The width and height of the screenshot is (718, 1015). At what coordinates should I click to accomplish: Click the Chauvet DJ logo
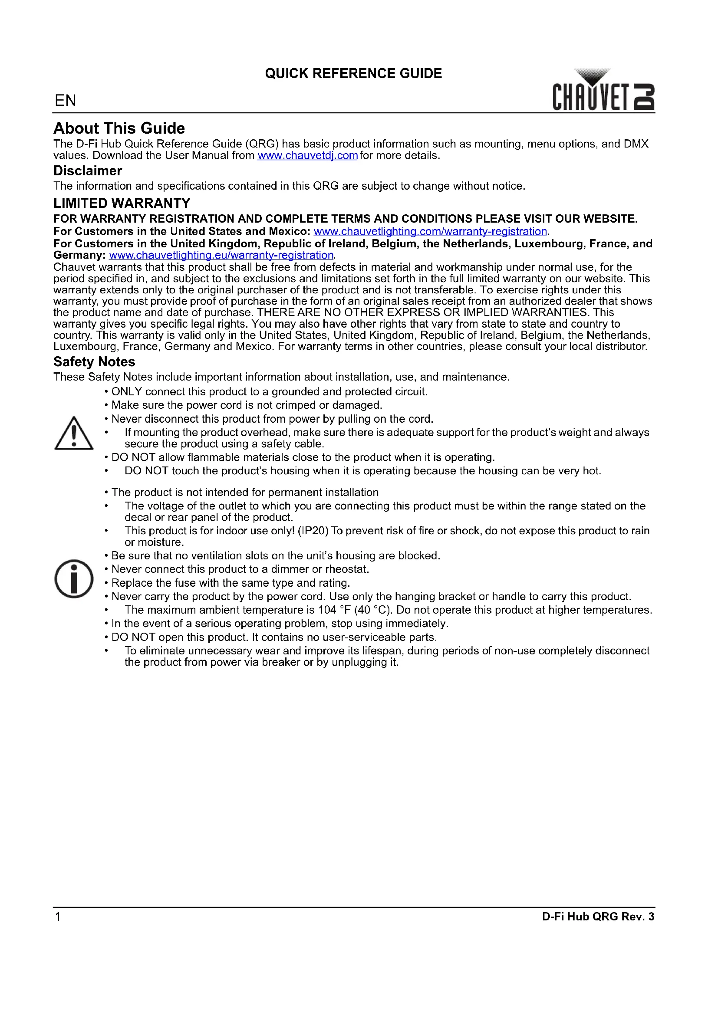(x=603, y=90)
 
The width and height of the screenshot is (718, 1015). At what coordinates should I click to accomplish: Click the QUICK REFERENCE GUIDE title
(x=353, y=73)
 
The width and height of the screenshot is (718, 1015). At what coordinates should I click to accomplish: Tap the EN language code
(x=66, y=100)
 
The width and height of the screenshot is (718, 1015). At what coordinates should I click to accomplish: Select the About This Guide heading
(x=119, y=128)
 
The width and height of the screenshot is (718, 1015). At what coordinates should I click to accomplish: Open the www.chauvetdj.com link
(x=307, y=156)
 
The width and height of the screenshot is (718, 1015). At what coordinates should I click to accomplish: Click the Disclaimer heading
(x=88, y=171)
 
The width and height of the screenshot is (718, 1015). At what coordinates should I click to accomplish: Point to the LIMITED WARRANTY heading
(x=122, y=203)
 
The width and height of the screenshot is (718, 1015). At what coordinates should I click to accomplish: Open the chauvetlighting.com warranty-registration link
(x=430, y=231)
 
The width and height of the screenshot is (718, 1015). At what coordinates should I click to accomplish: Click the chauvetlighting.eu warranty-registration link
(x=221, y=255)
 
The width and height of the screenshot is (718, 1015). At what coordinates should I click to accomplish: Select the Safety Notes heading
(x=94, y=361)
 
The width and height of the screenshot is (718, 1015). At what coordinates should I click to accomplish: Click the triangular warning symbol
(x=74, y=433)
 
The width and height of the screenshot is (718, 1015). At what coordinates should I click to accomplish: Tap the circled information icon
(x=74, y=579)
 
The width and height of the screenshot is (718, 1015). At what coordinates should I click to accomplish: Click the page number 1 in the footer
(x=57, y=916)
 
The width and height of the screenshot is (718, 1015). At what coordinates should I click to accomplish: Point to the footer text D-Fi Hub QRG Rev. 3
(x=598, y=916)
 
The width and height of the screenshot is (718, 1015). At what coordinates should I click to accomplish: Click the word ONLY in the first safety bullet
(x=126, y=392)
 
